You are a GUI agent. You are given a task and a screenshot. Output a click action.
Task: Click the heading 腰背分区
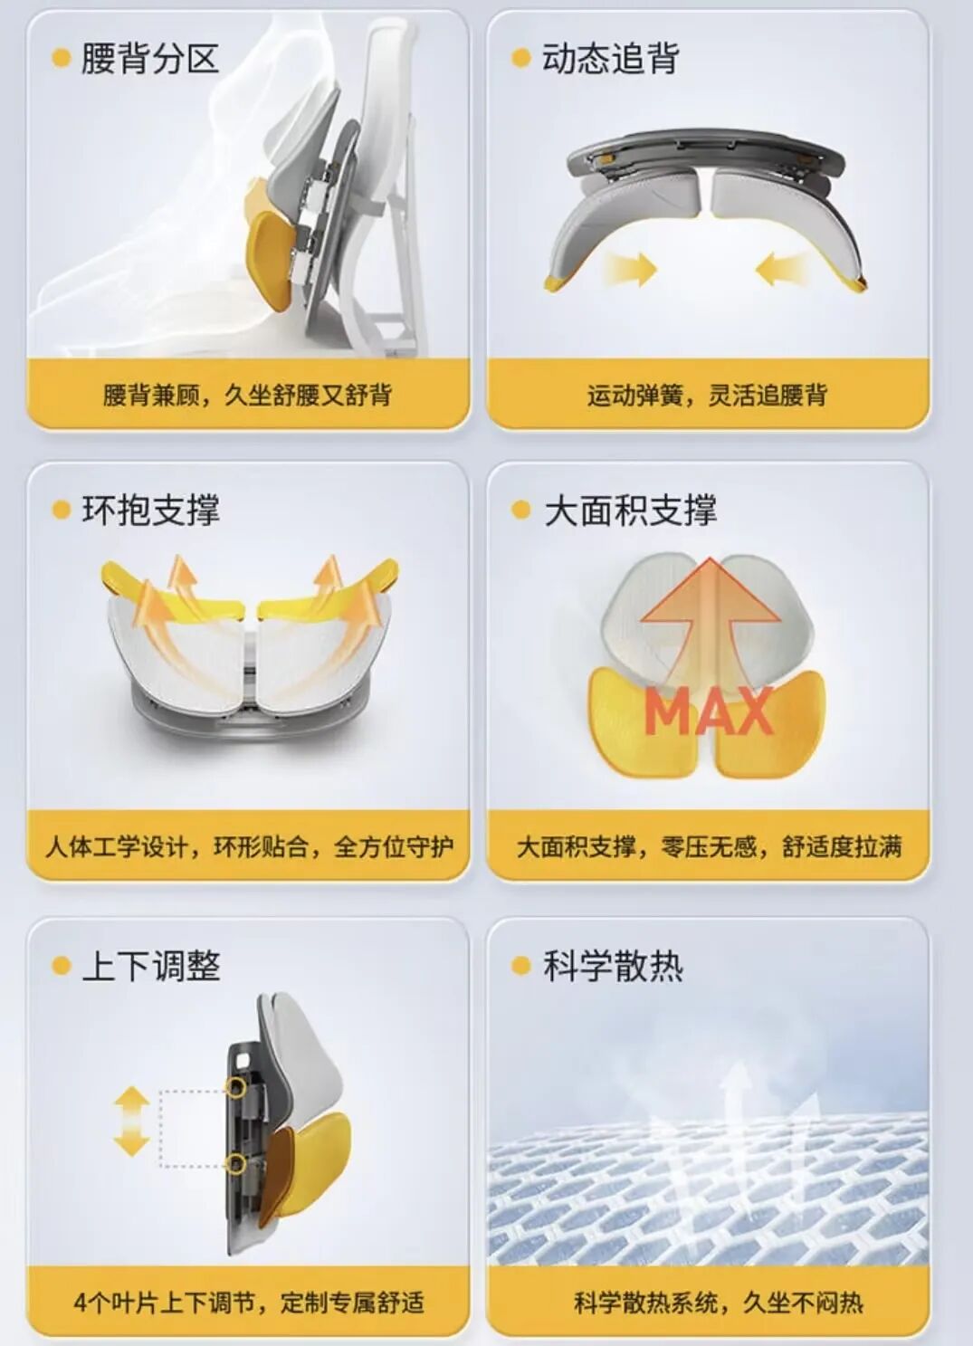click(x=149, y=59)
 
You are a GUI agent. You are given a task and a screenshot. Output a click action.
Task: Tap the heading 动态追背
click(x=611, y=59)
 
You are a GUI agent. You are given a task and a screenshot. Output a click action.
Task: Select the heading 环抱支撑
click(x=151, y=511)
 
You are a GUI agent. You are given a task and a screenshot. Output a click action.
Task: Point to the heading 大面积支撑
click(x=630, y=511)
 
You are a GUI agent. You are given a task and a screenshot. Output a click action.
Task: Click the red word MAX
click(x=708, y=713)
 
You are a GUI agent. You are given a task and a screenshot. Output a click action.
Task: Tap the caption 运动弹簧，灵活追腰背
click(x=708, y=396)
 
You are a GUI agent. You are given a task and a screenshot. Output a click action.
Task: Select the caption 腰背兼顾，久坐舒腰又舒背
click(x=248, y=396)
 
